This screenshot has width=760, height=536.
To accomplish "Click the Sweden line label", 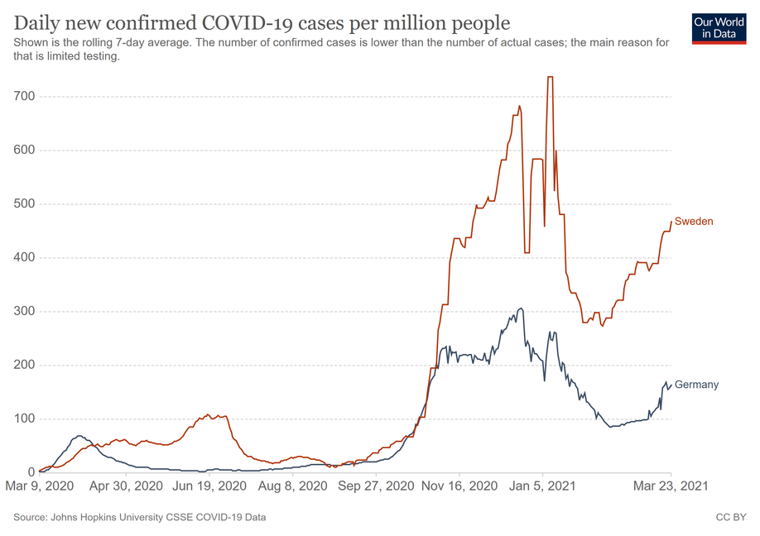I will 694,222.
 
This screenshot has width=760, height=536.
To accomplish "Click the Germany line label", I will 696,385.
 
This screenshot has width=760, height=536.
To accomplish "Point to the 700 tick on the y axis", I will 25,97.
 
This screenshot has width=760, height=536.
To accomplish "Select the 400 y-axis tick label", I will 25,258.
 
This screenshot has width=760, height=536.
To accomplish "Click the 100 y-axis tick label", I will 25,419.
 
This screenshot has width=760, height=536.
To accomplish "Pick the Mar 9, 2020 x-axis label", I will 40,487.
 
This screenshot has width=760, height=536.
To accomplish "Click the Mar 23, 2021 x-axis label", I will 671,487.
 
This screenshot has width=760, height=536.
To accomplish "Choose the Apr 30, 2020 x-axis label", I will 126,487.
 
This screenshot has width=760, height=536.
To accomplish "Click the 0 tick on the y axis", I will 31,473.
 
